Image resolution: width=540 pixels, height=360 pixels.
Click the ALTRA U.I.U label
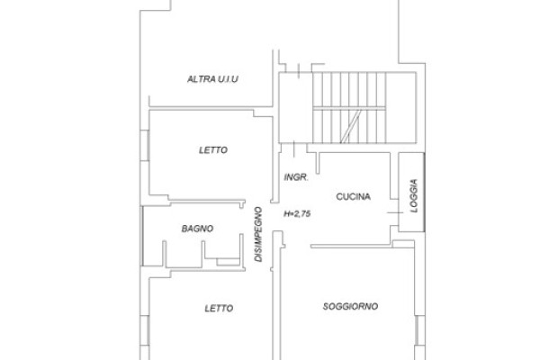212,79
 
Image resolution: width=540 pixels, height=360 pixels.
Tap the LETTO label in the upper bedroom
213,150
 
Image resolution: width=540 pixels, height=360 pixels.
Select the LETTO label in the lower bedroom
219,308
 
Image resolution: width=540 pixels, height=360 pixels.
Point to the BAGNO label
197,229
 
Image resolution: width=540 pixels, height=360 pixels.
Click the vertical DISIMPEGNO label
258,234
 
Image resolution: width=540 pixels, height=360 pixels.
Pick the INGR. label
296,177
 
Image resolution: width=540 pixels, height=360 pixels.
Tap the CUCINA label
354,197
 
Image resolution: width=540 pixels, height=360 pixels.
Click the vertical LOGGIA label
414,195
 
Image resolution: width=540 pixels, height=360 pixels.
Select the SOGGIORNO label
350,306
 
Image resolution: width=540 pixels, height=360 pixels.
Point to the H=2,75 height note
297,213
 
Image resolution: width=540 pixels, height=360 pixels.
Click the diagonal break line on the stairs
351,126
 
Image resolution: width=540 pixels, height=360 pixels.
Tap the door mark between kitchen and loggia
395,212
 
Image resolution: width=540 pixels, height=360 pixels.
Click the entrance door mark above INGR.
293,149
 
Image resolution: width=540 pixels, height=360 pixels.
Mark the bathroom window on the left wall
142,236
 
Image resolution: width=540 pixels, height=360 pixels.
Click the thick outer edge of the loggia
424,192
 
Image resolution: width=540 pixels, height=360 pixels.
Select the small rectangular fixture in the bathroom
228,262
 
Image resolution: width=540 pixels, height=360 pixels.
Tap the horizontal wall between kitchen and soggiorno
351,247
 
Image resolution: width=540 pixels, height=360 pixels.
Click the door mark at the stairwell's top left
299,71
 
